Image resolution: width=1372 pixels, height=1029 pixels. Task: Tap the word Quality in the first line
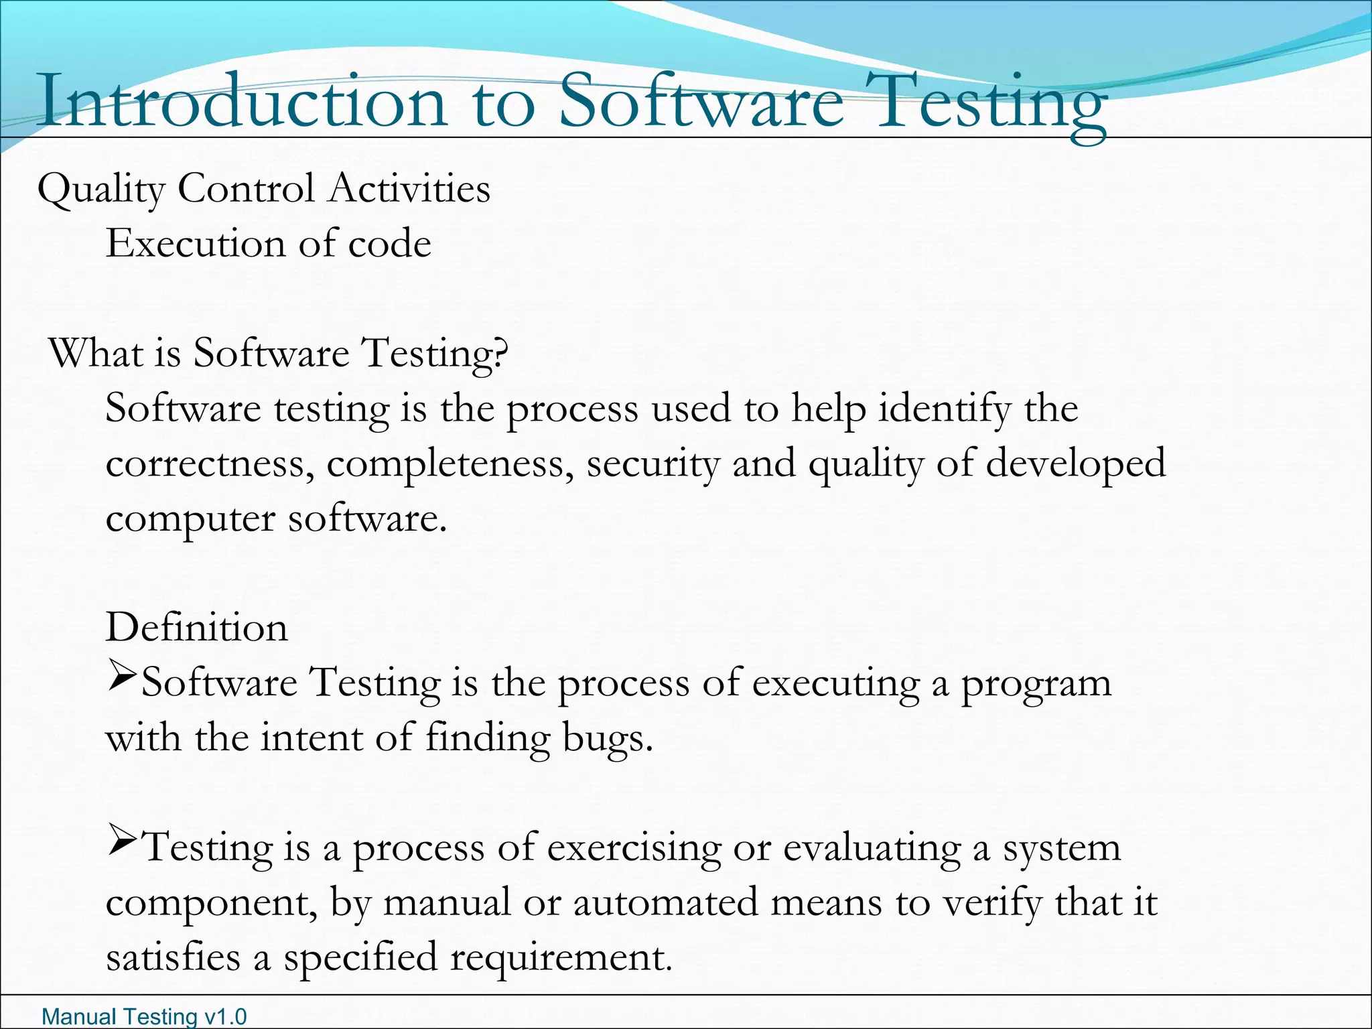pyautogui.click(x=101, y=190)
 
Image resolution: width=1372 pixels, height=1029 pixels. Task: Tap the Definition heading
pyautogui.click(x=197, y=628)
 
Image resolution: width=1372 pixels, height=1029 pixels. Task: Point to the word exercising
pyautogui.click(x=634, y=849)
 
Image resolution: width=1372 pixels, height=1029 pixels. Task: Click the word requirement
pyautogui.click(x=561, y=958)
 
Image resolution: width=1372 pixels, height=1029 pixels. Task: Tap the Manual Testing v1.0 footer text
pyautogui.click(x=144, y=1017)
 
